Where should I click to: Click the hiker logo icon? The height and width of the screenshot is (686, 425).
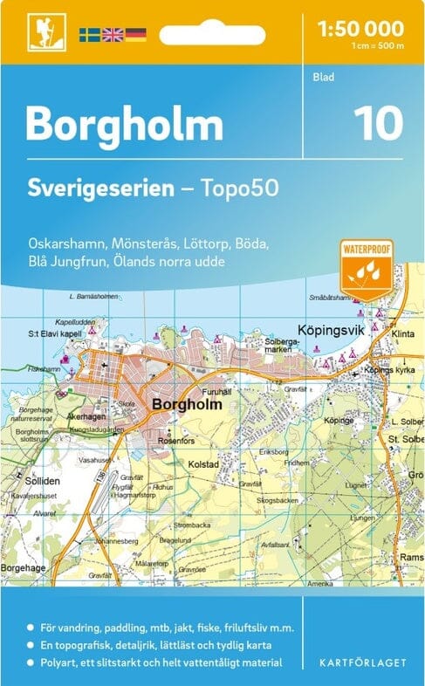pyautogui.click(x=40, y=33)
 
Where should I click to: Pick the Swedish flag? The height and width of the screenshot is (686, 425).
pyautogui.click(x=90, y=35)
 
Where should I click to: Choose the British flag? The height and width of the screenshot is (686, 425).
pyautogui.click(x=113, y=35)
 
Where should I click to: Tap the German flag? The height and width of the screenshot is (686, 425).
pyautogui.click(x=135, y=35)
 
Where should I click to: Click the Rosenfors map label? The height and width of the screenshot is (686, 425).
pyautogui.click(x=173, y=440)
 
